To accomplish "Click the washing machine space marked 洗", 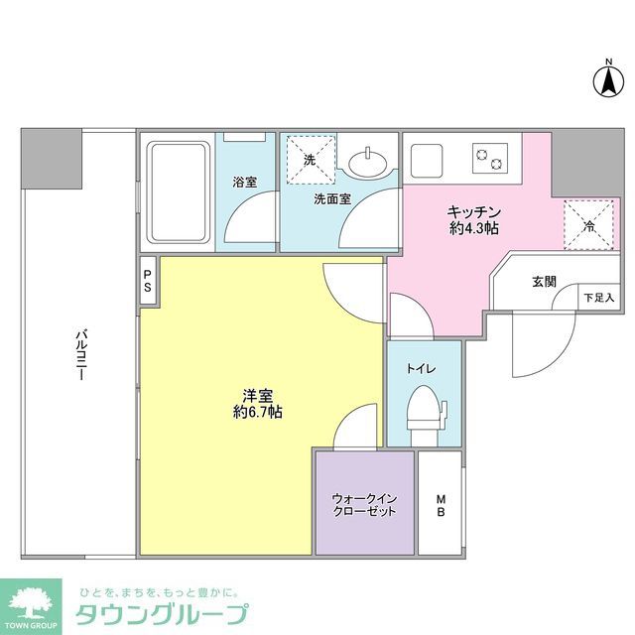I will [310, 160].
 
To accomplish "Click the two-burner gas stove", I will [489, 156].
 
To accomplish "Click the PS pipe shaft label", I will [147, 281].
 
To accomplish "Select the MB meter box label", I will [440, 504].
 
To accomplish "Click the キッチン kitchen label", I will [472, 211].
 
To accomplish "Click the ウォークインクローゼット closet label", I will [364, 504].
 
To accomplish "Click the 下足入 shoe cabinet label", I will [598, 297].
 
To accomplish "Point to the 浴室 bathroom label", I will [244, 182].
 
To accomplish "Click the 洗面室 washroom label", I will [331, 198].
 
